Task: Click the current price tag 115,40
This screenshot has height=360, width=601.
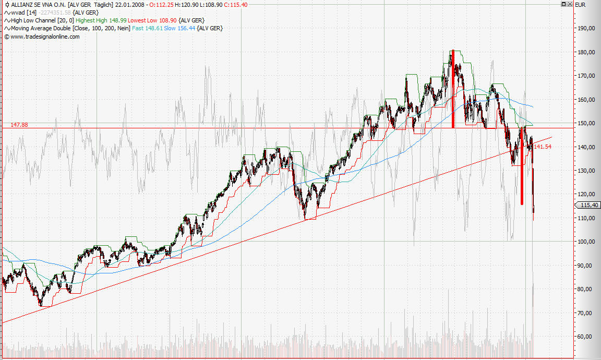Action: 587,205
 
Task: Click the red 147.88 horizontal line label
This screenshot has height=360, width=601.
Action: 19,125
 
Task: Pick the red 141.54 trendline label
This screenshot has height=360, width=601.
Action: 543,147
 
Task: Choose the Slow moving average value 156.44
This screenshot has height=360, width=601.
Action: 185,28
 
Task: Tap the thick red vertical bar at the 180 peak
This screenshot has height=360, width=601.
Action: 453,89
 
